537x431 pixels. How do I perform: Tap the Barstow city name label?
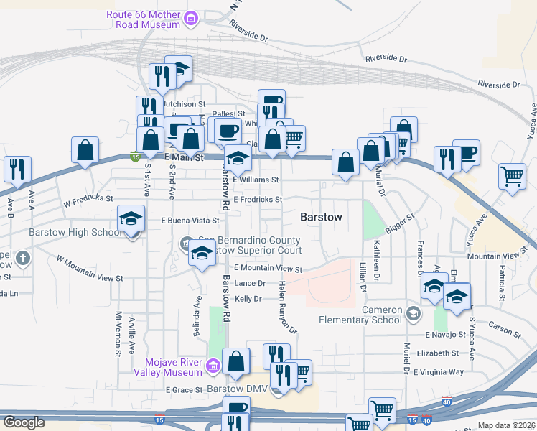[321, 216]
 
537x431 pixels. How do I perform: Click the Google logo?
[24, 422]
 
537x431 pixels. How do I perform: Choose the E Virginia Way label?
[438, 372]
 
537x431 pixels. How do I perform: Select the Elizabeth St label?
[436, 353]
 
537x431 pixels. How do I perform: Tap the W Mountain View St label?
[90, 268]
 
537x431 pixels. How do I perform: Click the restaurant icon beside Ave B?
[17, 170]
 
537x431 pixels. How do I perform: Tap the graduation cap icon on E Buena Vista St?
[131, 218]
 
